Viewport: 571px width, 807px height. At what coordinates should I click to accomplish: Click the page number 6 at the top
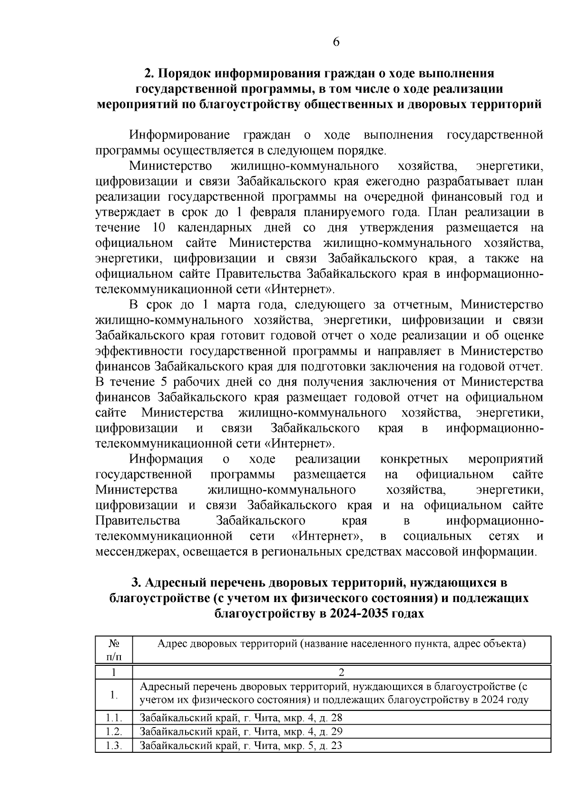click(x=336, y=43)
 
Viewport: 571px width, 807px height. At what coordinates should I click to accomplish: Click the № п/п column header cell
click(x=114, y=650)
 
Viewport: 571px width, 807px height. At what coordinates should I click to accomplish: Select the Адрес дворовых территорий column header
click(x=341, y=644)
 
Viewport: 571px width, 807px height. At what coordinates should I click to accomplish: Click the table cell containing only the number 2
click(x=341, y=672)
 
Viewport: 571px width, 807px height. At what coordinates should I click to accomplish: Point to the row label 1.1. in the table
click(x=114, y=718)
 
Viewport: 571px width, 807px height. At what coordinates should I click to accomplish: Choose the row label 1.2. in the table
click(x=114, y=731)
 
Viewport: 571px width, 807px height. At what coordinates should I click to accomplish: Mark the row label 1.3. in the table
click(x=114, y=745)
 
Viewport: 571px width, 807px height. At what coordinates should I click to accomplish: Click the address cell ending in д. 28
click(x=241, y=718)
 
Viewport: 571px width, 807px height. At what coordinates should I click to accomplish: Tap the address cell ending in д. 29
click(x=241, y=731)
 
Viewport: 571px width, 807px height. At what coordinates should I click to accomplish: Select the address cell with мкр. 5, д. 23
click(x=241, y=745)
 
